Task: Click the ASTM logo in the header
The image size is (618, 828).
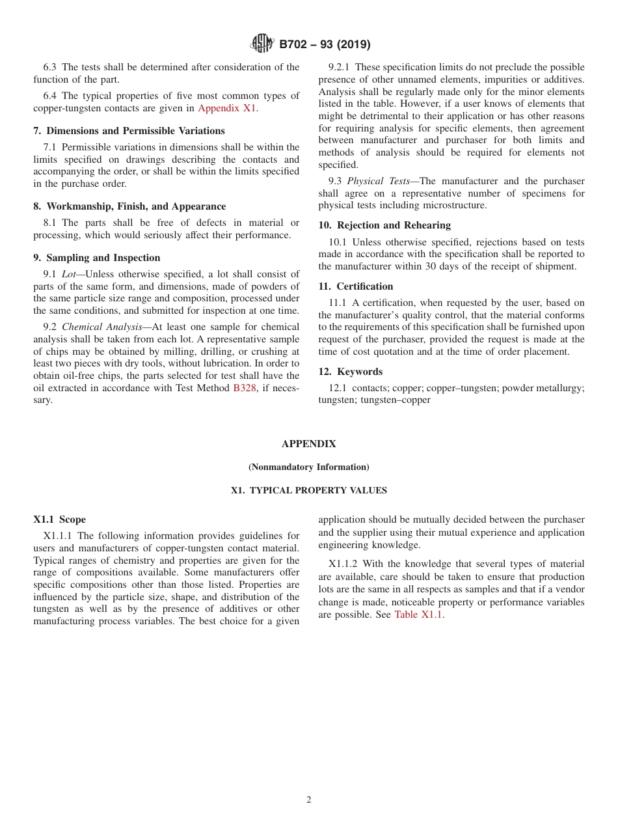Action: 262,44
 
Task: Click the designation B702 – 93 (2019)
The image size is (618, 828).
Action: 325,45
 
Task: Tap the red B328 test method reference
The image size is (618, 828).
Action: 245,388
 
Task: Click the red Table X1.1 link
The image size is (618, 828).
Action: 419,614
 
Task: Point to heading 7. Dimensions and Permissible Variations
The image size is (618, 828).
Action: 129,131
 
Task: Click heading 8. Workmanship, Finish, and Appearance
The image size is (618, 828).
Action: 129,206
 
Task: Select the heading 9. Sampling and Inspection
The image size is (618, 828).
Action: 96,258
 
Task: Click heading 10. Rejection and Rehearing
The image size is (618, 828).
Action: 384,225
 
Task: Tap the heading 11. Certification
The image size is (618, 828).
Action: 355,286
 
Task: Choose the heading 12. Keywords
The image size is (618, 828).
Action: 350,372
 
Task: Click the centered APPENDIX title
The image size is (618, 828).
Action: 308,444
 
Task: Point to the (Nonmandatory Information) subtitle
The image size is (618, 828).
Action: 308,467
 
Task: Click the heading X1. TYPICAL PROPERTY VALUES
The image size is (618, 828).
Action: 308,491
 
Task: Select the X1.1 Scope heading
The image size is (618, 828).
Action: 59,519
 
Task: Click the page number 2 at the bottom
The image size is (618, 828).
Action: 309,800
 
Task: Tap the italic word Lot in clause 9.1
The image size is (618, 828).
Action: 68,274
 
